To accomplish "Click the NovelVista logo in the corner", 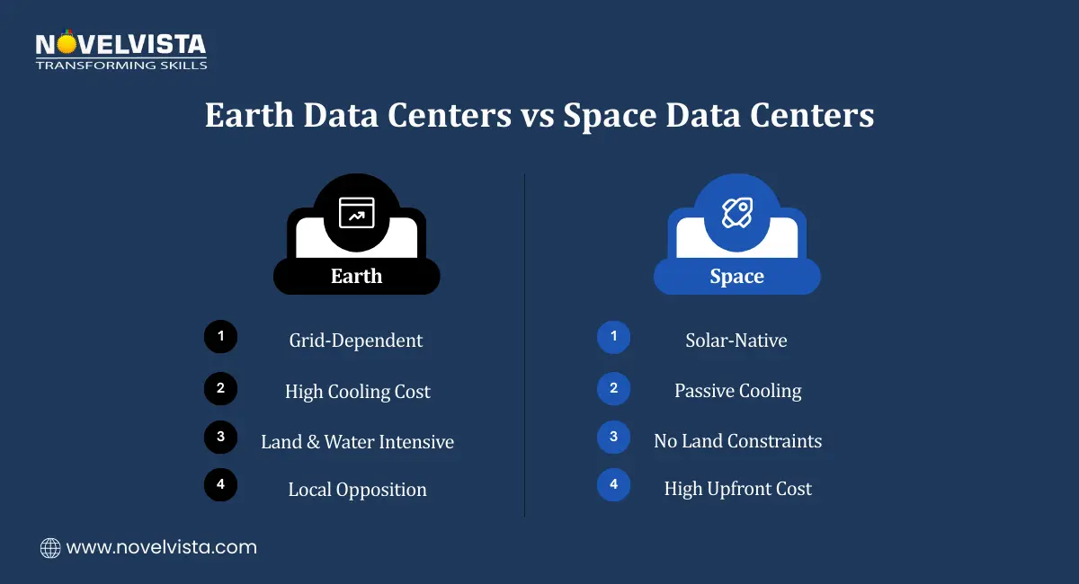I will click(x=120, y=50).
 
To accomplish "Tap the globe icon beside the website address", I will click(x=50, y=547).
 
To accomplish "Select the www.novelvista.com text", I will click(x=162, y=547).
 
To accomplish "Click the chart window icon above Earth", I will click(x=356, y=212).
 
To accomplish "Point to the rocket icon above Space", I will click(x=737, y=212).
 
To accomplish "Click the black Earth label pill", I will click(x=356, y=276).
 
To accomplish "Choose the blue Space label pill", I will click(x=736, y=277).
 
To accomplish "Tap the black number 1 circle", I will click(x=220, y=338).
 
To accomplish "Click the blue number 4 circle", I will click(x=613, y=485).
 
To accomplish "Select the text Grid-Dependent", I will click(x=356, y=341).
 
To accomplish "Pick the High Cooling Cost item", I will click(x=357, y=392).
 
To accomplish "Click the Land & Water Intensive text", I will click(x=357, y=442).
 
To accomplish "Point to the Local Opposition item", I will click(x=357, y=490).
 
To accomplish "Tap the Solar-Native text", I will click(x=736, y=341).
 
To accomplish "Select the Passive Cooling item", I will click(x=737, y=391).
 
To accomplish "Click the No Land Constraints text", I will click(x=737, y=441).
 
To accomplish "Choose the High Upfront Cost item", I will click(x=737, y=489).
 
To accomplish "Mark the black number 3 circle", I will click(x=220, y=438).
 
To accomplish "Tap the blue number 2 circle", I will click(x=613, y=388).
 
